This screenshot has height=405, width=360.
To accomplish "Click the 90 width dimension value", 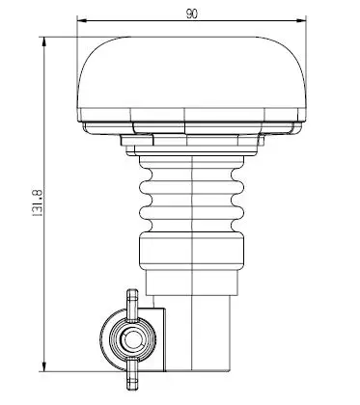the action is click(192, 13).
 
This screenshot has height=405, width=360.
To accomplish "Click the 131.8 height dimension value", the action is click(38, 202).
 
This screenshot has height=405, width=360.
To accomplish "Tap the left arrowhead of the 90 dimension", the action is click(82, 21).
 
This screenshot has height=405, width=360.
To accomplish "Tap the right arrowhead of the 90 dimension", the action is click(301, 21).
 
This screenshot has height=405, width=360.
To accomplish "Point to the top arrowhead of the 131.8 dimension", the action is click(44, 41).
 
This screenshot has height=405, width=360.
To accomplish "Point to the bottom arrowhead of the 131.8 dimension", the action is click(44, 366).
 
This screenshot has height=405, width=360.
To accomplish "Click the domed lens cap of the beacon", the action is click(192, 72).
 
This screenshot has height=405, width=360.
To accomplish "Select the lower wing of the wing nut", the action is click(132, 375).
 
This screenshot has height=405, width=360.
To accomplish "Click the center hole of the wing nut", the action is click(131, 339).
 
